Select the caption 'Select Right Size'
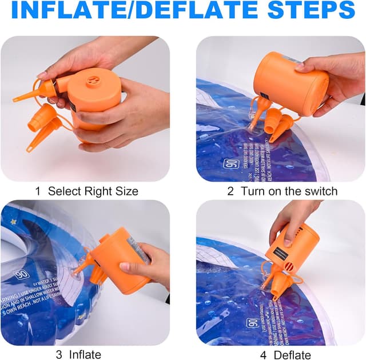pyautogui.click(x=93, y=191)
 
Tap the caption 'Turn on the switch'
pyautogui.click(x=289, y=191)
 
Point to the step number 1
pyautogui.click(x=38, y=191)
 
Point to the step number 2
pyautogui.click(x=230, y=191)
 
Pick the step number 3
pyautogui.click(x=59, y=354)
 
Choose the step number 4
pyautogui.click(x=264, y=354)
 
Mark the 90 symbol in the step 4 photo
pyautogui.click(x=252, y=323)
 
